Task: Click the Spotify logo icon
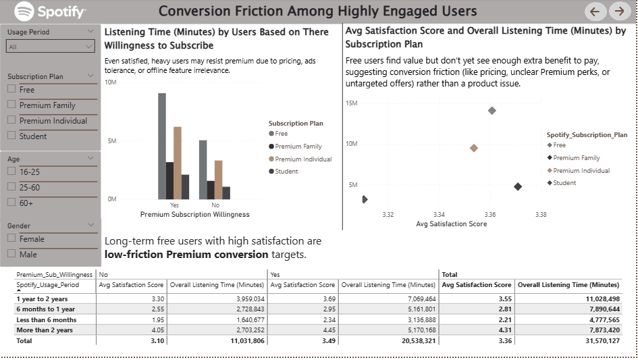[x=24, y=11]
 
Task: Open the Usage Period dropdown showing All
[x=50, y=47]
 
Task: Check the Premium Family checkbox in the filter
[x=11, y=105]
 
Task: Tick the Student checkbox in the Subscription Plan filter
[x=11, y=136]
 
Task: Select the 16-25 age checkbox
[x=11, y=172]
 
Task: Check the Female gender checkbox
[x=11, y=238]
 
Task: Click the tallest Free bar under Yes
[x=162, y=146]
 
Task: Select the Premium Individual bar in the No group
[x=218, y=179]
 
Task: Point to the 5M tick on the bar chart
[x=111, y=141]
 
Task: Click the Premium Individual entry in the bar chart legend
[x=303, y=159]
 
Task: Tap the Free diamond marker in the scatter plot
[x=491, y=111]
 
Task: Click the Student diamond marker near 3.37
[x=518, y=186]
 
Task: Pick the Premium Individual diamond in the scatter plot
[x=474, y=148]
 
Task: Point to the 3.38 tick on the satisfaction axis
[x=541, y=215]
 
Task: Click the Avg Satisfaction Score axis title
[x=451, y=224]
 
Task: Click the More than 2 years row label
[x=45, y=330]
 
